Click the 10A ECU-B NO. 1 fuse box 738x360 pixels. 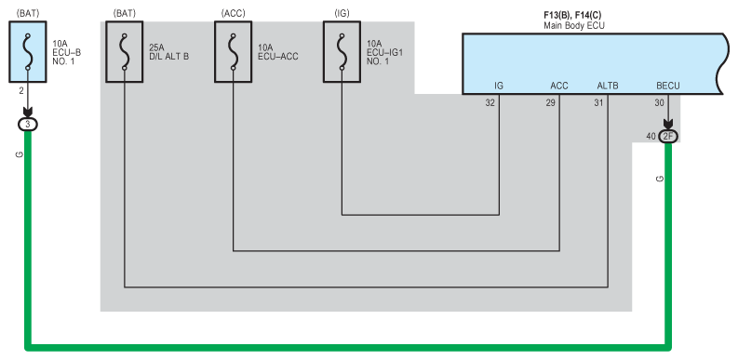(x=28, y=52)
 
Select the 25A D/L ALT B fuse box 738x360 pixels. (x=125, y=52)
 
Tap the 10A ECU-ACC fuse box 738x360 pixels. (x=233, y=52)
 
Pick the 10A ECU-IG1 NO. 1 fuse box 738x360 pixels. (x=342, y=52)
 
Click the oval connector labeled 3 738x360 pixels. (x=27, y=125)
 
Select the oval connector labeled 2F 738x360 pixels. (x=668, y=137)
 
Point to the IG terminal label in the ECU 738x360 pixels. (x=499, y=87)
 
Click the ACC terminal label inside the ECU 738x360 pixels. (x=559, y=87)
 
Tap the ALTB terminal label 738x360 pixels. (x=608, y=87)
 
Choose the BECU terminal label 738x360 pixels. (x=668, y=87)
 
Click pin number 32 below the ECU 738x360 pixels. (x=490, y=103)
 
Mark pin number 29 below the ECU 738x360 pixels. (x=550, y=103)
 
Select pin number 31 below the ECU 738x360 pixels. (x=598, y=103)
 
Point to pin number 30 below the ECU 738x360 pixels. (x=659, y=103)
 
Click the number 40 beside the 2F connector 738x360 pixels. (x=651, y=137)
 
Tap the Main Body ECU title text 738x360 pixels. (x=574, y=26)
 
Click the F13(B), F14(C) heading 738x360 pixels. (x=572, y=16)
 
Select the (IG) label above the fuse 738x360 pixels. (x=342, y=14)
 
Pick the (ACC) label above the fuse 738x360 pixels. (x=233, y=14)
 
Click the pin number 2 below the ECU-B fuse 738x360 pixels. (x=21, y=91)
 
